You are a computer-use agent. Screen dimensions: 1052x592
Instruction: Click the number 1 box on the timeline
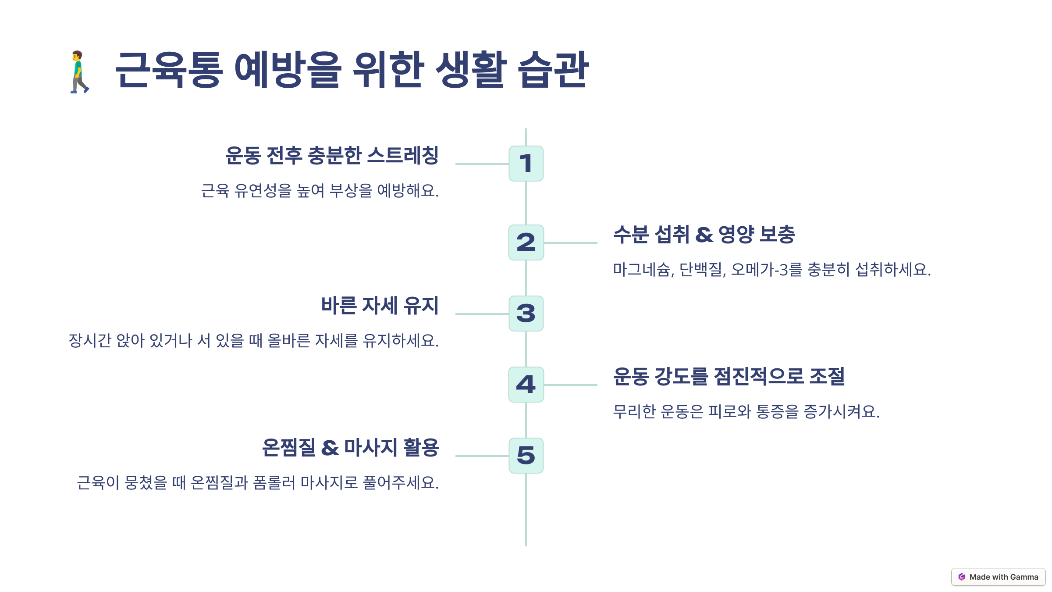526,164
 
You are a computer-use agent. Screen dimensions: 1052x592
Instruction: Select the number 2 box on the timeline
526,243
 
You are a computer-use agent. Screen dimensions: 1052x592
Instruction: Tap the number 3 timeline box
526,314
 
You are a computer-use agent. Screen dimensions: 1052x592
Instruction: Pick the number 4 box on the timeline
526,385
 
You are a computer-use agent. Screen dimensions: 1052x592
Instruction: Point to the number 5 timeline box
526,456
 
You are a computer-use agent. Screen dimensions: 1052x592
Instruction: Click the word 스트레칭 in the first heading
403,155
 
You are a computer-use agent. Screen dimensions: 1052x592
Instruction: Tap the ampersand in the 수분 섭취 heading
704,235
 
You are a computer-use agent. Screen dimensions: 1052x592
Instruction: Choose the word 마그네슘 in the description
642,269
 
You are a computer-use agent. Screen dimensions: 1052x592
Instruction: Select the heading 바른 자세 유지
380,305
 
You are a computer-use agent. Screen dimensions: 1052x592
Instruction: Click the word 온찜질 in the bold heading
288,447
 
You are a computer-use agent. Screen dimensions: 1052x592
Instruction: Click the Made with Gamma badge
998,577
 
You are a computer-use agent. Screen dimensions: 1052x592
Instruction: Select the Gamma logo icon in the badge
962,577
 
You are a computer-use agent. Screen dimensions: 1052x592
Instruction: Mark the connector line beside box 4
570,385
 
